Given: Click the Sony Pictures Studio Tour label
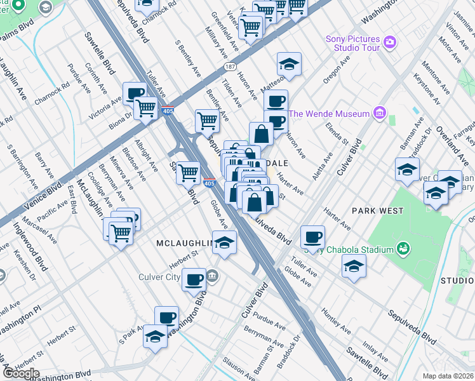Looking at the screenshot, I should pos(352,43).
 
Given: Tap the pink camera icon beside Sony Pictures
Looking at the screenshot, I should pos(390,43).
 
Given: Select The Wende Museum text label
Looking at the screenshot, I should pos(329,114).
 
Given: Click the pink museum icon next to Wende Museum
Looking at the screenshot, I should pos(380,114).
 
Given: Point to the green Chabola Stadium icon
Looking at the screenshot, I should pos(403,249).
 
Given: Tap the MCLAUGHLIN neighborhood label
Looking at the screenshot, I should pos(184,243).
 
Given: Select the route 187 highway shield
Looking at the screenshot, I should pos(229,66).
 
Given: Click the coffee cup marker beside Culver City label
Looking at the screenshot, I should pos(194,279).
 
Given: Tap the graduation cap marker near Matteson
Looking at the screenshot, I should pos(289,64).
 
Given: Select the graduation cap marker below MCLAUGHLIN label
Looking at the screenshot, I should pos(224,243).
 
